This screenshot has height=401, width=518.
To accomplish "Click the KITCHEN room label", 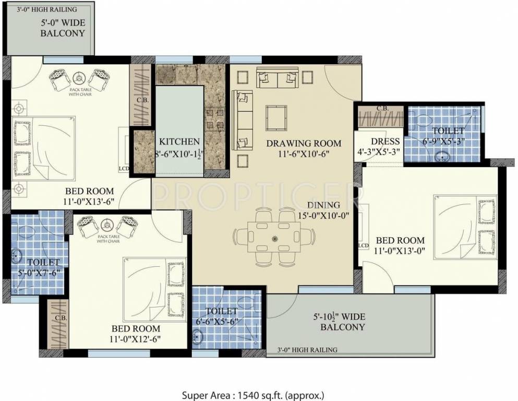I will (x=179, y=141).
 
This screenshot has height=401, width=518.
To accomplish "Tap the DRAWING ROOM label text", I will (x=304, y=143).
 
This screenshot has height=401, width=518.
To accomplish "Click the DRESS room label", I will (x=385, y=141).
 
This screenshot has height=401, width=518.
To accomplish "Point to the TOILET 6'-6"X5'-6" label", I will (x=214, y=316).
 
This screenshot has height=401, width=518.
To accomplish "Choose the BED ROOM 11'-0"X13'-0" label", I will (x=400, y=245).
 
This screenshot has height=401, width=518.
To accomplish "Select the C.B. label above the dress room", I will (x=381, y=109).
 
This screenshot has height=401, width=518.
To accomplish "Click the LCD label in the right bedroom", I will (x=364, y=245).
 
